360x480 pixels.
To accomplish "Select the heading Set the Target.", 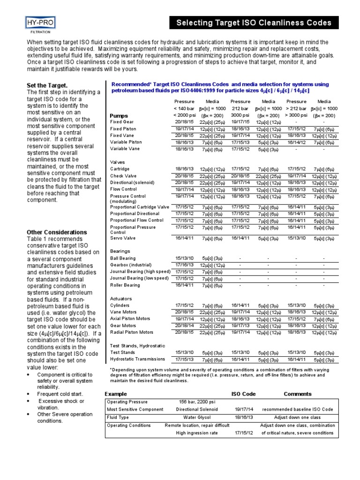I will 47,85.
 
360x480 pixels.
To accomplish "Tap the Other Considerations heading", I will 57,232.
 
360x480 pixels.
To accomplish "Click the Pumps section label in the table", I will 119,116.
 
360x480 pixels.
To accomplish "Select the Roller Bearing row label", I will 125,285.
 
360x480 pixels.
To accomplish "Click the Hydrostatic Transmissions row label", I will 137,359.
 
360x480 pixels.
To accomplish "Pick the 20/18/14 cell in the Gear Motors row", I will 184,325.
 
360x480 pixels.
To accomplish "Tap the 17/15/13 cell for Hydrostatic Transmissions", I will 184,359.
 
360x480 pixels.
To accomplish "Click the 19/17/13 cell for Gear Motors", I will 240,325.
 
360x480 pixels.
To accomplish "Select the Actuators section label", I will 121,299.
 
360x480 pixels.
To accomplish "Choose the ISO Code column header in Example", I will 244,394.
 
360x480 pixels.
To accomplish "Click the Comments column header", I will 297,394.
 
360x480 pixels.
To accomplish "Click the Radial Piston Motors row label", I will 132,332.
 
